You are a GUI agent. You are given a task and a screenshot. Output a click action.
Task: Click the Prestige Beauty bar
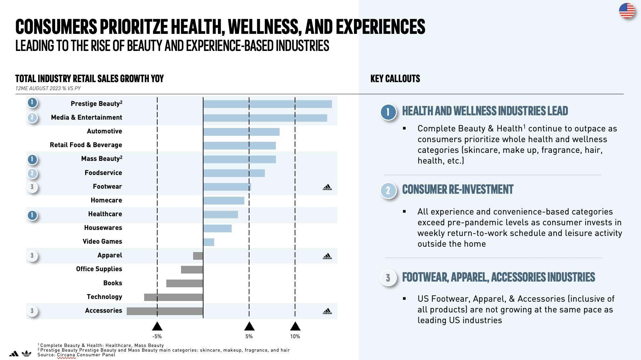(x=267, y=104)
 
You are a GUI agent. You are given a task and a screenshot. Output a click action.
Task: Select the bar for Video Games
(x=209, y=242)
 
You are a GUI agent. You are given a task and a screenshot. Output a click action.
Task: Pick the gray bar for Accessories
(x=165, y=311)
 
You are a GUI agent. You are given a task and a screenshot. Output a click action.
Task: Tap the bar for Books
(x=184, y=283)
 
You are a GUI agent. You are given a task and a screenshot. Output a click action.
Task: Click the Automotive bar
(x=241, y=132)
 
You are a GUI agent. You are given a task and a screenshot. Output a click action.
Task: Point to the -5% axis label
(x=157, y=337)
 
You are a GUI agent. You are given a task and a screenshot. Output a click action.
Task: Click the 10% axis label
(x=295, y=337)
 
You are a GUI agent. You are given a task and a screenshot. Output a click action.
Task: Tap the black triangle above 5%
(x=249, y=326)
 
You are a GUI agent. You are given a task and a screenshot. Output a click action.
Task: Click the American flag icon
(x=627, y=11)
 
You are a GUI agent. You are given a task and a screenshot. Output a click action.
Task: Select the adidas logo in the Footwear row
(x=327, y=187)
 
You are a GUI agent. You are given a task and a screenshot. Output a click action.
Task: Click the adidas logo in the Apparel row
(x=327, y=256)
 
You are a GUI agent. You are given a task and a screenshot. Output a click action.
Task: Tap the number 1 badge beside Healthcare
(x=32, y=215)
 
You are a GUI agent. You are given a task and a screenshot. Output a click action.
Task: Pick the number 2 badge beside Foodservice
(x=32, y=173)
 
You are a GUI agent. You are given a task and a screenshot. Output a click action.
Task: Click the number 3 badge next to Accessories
(x=32, y=311)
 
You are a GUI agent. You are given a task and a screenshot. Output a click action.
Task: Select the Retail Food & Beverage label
(x=86, y=145)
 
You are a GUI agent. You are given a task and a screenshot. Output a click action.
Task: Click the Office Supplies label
(x=99, y=269)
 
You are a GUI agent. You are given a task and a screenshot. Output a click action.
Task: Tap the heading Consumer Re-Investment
(x=458, y=189)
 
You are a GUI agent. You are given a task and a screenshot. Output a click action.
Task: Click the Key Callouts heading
(x=395, y=79)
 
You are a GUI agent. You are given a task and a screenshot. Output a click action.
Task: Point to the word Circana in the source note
(x=66, y=355)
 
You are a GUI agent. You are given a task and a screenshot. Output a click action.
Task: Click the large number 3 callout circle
(x=388, y=278)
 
